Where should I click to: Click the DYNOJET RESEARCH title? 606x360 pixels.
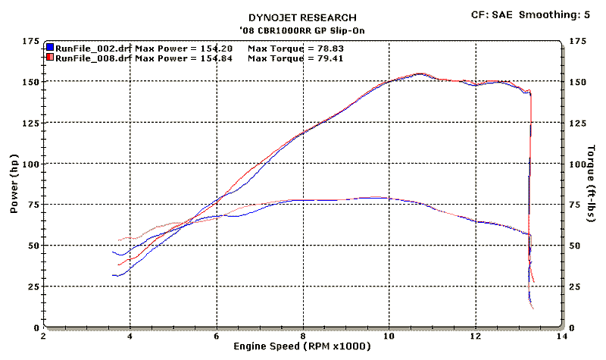pyautogui.click(x=303, y=17)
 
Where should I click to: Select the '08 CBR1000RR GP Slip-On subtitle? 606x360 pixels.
pyautogui.click(x=303, y=30)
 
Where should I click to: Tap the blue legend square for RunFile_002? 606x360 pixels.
pyautogui.click(x=49, y=47)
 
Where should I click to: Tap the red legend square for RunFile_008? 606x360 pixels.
pyautogui.click(x=49, y=57)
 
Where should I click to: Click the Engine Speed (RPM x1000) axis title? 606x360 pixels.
pyautogui.click(x=303, y=347)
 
